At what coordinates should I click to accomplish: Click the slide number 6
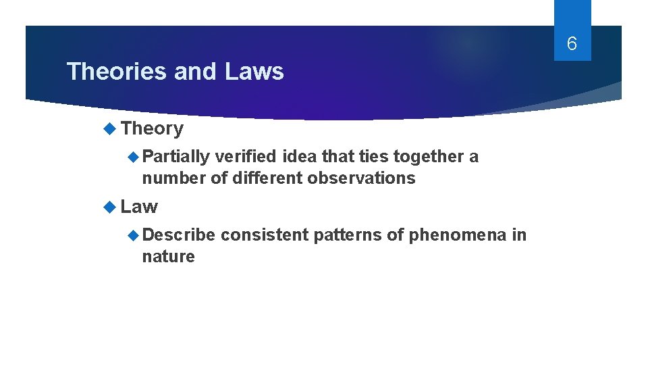click(x=572, y=45)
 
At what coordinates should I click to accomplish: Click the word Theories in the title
click(x=117, y=71)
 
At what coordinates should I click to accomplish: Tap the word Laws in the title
click(x=254, y=71)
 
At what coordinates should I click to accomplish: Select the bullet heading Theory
click(x=153, y=128)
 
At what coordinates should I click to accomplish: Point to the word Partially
click(x=176, y=157)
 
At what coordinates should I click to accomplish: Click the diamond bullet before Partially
click(x=134, y=157)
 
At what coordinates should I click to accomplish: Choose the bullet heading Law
click(x=140, y=206)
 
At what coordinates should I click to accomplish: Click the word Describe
click(x=179, y=235)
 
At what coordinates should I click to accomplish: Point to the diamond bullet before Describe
click(x=134, y=235)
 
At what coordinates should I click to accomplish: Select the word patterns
click(x=344, y=235)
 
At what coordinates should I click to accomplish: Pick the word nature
click(x=168, y=256)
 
